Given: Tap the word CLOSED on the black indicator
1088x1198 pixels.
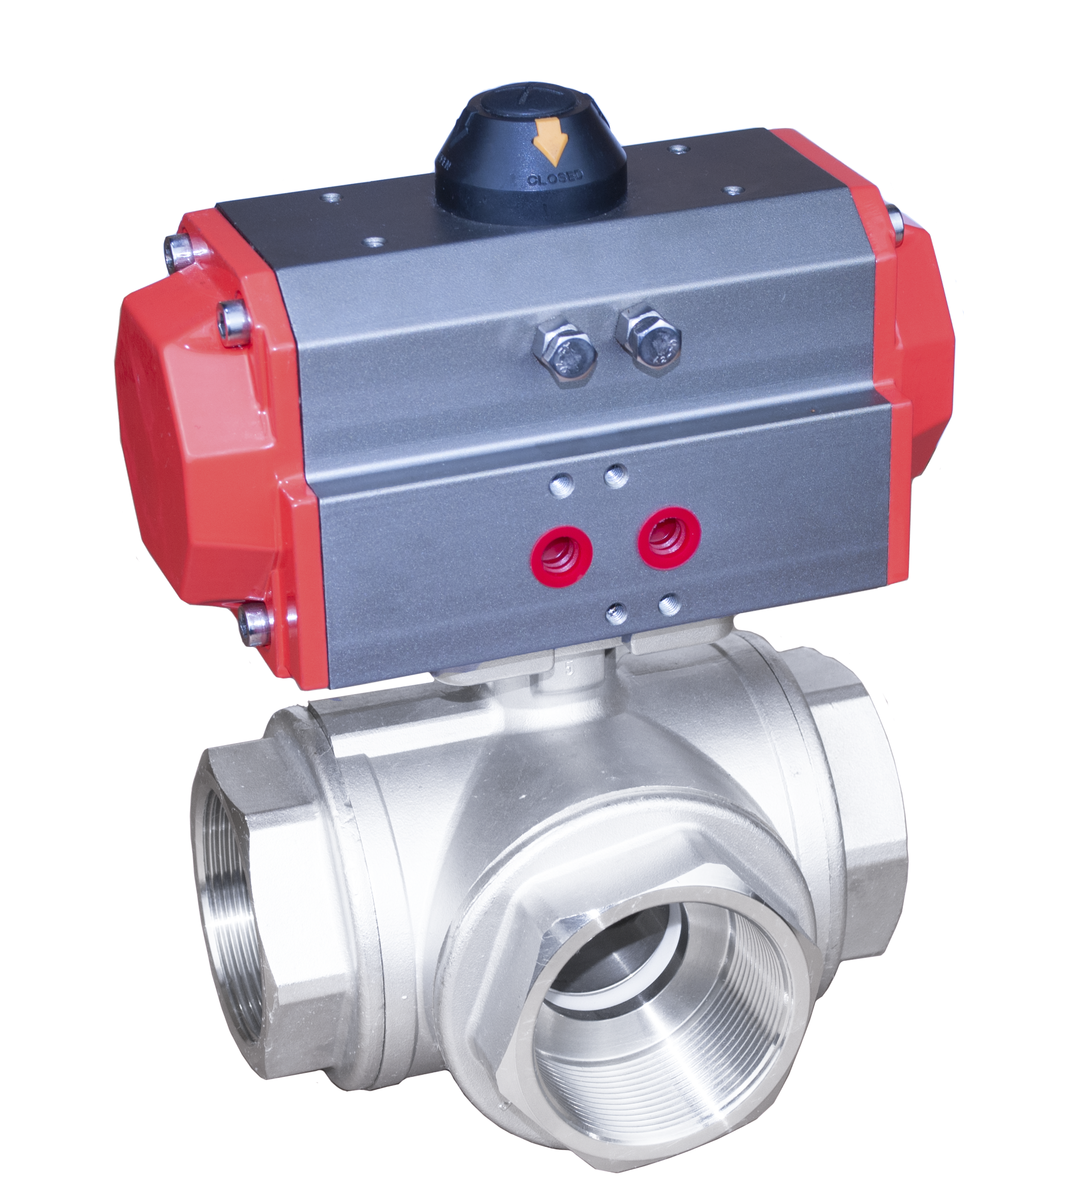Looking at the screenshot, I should pyautogui.click(x=555, y=177).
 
